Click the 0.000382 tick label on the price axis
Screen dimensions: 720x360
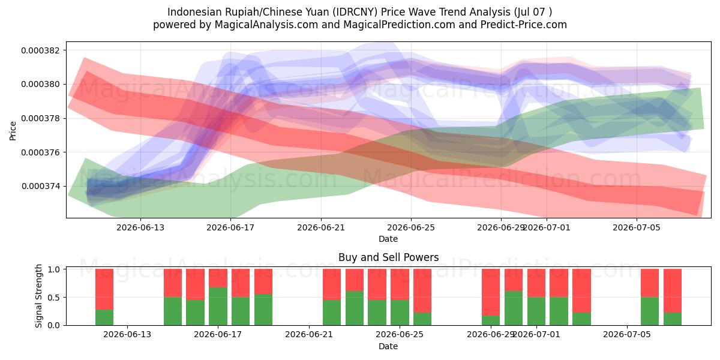tap(40, 50)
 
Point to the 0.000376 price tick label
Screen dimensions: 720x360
tap(40, 152)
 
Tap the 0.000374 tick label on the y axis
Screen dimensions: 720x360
tap(40, 187)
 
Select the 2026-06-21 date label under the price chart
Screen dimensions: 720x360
tap(321, 227)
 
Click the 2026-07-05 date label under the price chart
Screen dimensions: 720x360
tap(637, 227)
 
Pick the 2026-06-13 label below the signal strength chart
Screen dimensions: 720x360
tap(127, 334)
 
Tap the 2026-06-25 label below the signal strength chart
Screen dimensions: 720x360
tap(400, 334)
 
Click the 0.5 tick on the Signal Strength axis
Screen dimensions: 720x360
tap(53, 298)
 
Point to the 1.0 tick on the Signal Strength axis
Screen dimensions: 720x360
tap(53, 269)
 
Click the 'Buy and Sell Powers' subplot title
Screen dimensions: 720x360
tap(388, 257)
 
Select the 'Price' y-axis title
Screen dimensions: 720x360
tap(13, 131)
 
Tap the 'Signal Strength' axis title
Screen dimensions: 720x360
tap(38, 296)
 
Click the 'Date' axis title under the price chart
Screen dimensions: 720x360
tap(388, 239)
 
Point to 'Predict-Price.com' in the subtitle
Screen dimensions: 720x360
tap(524, 25)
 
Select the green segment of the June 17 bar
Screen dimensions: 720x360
tap(218, 307)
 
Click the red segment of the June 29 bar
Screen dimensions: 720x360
tap(491, 292)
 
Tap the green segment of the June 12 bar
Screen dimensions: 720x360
tap(104, 317)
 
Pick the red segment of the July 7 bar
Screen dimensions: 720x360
tap(673, 291)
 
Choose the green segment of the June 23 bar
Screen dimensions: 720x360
tap(355, 308)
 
